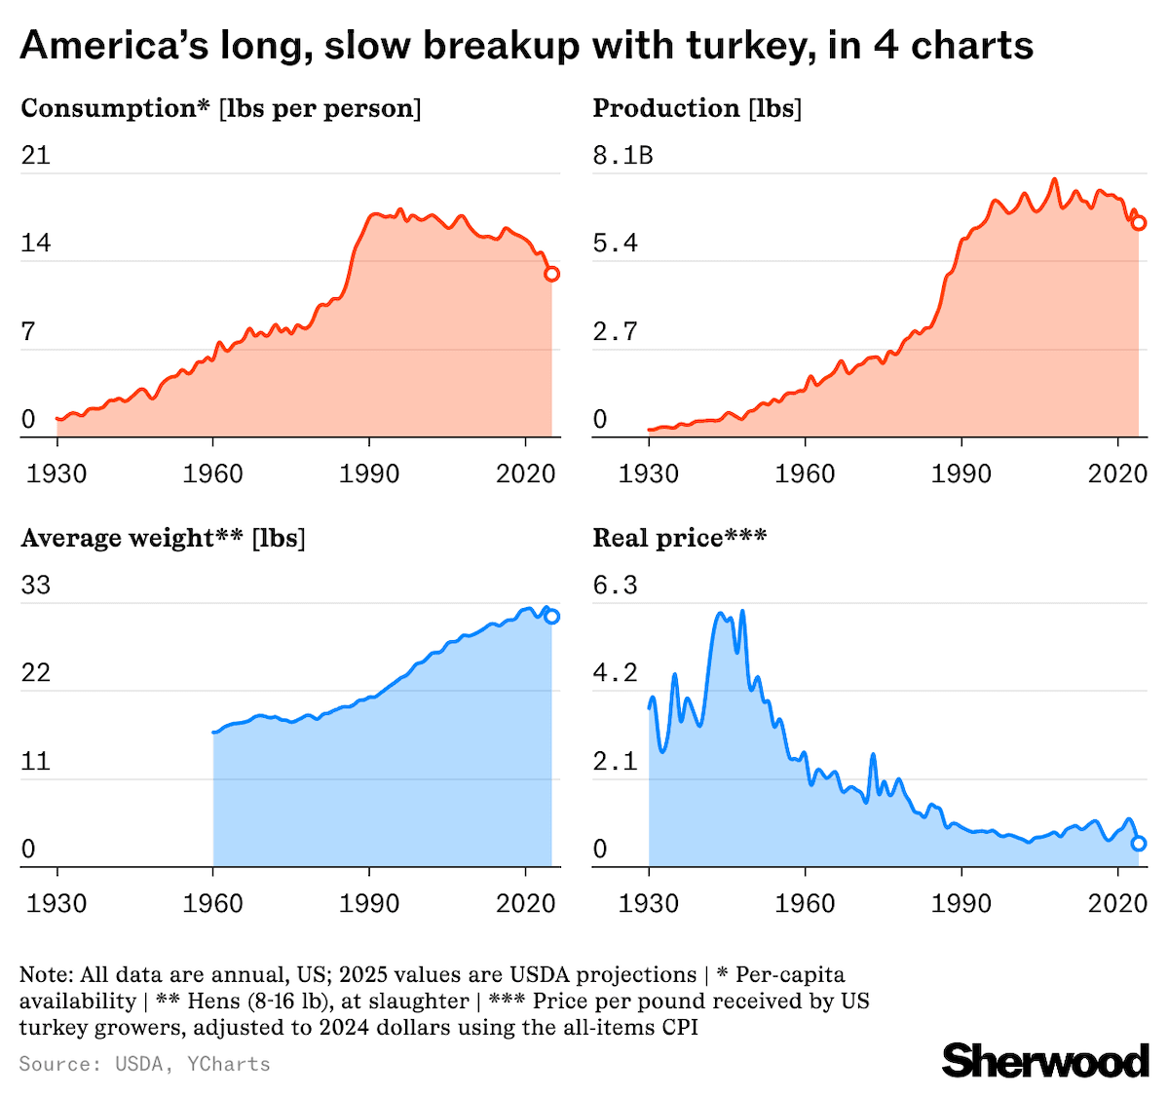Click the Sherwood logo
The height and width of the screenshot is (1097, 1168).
[x=1045, y=1060]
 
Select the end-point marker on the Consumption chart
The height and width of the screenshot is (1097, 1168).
[x=551, y=274]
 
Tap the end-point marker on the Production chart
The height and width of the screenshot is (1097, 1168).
[x=1138, y=223]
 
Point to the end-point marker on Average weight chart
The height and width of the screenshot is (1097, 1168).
[x=551, y=616]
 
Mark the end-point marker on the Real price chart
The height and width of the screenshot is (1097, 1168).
[x=1138, y=844]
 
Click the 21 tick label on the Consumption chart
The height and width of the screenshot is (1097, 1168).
[x=36, y=155]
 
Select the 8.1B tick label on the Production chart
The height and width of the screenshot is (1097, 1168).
[x=622, y=155]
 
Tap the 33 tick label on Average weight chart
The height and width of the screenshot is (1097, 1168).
[x=36, y=586]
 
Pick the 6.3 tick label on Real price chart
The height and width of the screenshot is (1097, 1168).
[x=615, y=586]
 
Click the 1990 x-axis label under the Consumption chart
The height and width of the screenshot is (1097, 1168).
[x=369, y=474]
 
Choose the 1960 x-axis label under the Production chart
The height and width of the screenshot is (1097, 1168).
[x=805, y=474]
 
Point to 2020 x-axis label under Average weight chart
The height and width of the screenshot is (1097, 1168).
[x=525, y=904]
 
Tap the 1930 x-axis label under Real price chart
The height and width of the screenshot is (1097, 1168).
[x=649, y=904]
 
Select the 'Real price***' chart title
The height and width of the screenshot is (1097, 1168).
[x=679, y=538]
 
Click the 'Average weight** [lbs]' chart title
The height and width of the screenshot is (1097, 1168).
[x=163, y=538]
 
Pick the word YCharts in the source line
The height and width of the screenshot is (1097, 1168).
[x=228, y=1064]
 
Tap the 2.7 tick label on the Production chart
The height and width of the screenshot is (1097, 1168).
[x=615, y=331]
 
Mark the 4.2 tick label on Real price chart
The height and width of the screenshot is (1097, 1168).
[x=615, y=673]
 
